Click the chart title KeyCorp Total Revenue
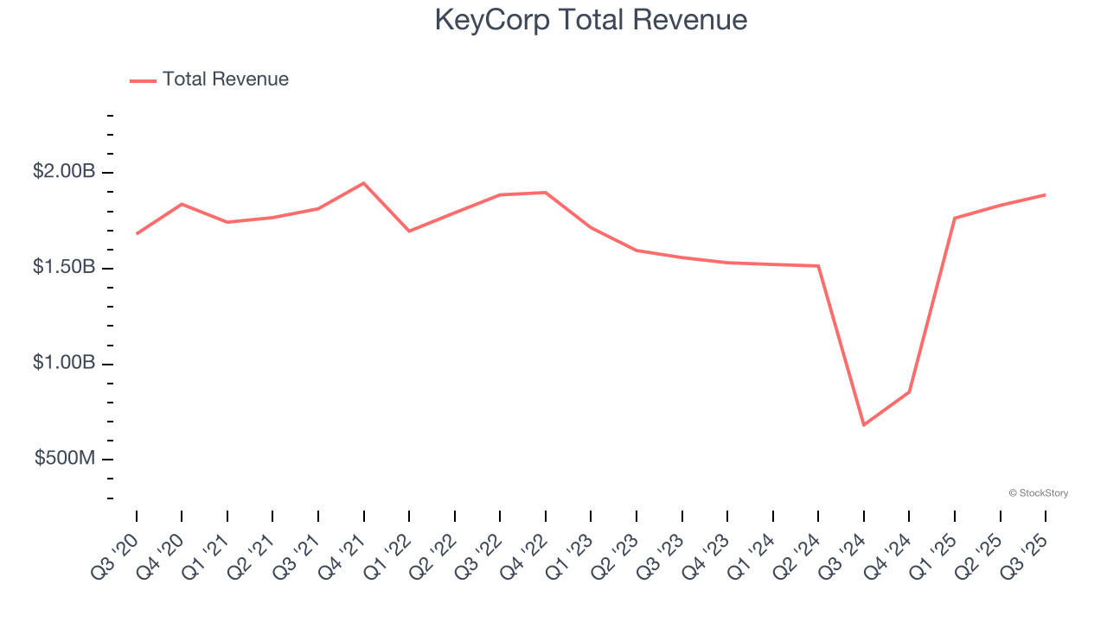tap(591, 20)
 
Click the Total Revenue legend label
tap(225, 79)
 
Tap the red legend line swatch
tap(143, 80)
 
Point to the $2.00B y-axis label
tap(64, 172)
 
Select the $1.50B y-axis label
tap(64, 267)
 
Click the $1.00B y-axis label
tap(64, 363)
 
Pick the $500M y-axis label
tap(65, 458)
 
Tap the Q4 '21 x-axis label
tap(345, 558)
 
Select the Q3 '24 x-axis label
tap(845, 558)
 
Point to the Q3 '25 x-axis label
tap(1027, 558)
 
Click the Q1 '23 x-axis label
tap(573, 558)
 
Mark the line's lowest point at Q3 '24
tap(863, 425)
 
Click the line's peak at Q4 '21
tap(363, 183)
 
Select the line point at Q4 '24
tap(909, 392)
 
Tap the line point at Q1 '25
tap(955, 218)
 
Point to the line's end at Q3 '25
tap(1045, 194)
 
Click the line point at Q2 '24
tap(818, 266)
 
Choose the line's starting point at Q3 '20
tap(137, 234)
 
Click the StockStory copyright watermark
tap(1038, 493)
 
